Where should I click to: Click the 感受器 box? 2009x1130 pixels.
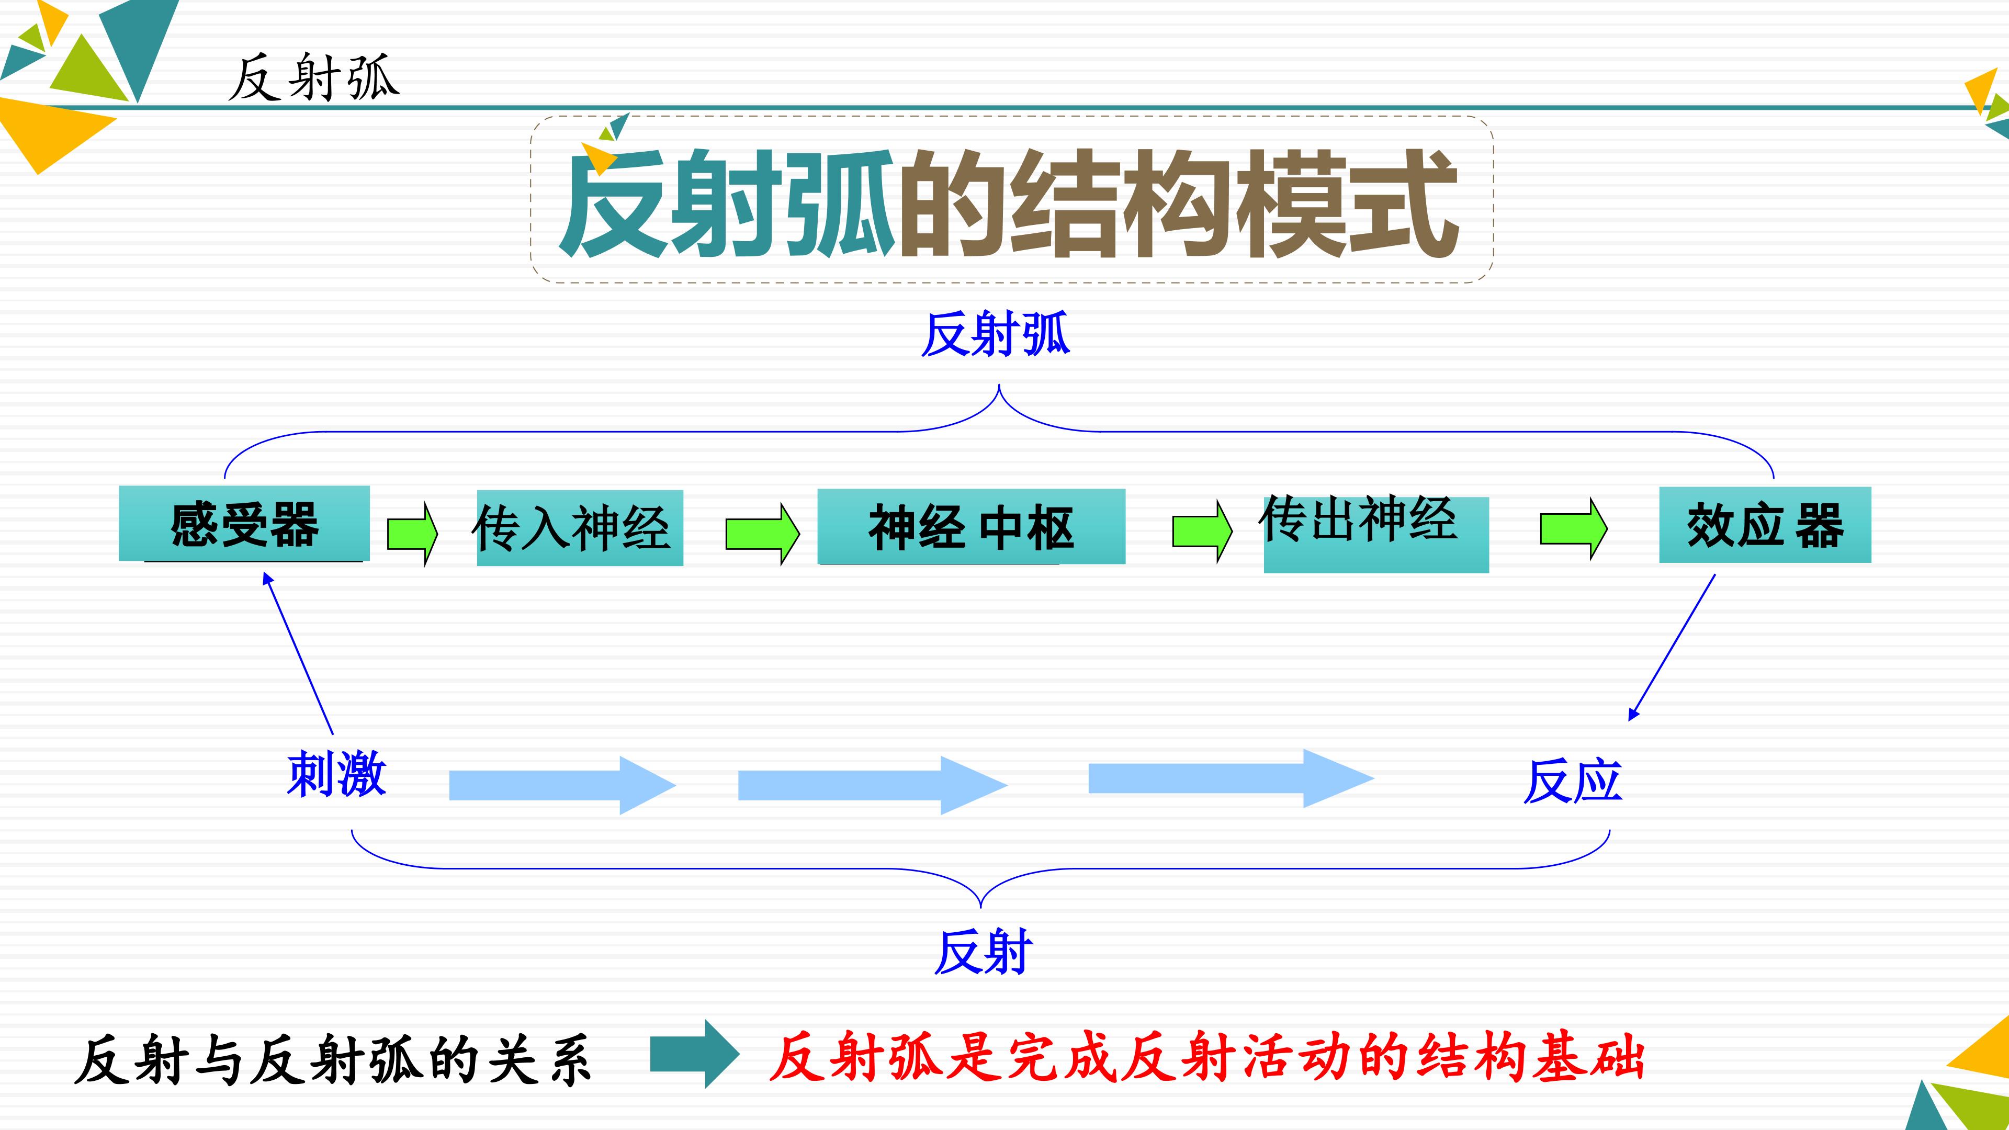pyautogui.click(x=244, y=523)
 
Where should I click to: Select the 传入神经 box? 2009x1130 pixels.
pyautogui.click(x=580, y=528)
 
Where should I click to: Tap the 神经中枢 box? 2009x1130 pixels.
pyautogui.click(x=971, y=526)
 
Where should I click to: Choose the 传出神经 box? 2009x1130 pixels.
pyautogui.click(x=1376, y=534)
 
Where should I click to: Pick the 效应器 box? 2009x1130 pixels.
pyautogui.click(x=1764, y=525)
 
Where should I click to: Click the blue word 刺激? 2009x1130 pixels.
pyautogui.click(x=336, y=774)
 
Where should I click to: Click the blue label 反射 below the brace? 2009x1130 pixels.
pyautogui.click(x=984, y=952)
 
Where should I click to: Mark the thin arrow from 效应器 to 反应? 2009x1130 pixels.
pyautogui.click(x=1672, y=647)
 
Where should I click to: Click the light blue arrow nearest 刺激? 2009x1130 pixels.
pyautogui.click(x=561, y=785)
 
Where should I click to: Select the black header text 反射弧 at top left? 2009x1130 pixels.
pyautogui.click(x=313, y=78)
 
